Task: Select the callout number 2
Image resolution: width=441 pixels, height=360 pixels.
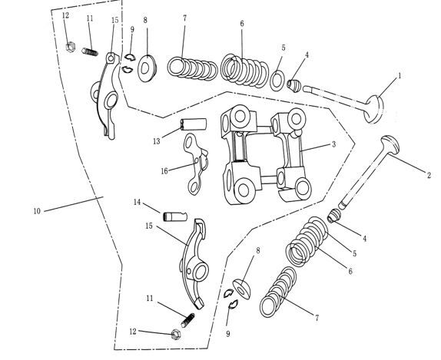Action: coord(428,176)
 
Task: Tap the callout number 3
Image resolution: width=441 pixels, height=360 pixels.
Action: coord(334,144)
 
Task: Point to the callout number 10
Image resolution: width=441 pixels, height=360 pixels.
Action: coord(36,210)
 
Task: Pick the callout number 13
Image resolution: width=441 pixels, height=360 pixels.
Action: coord(156,140)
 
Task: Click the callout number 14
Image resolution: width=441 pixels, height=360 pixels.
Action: coord(137,203)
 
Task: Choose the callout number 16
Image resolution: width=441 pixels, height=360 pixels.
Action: coord(164,170)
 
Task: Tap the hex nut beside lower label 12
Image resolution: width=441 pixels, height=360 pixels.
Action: coord(175,334)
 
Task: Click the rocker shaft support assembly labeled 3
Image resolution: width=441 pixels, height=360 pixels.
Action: coord(261,154)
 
